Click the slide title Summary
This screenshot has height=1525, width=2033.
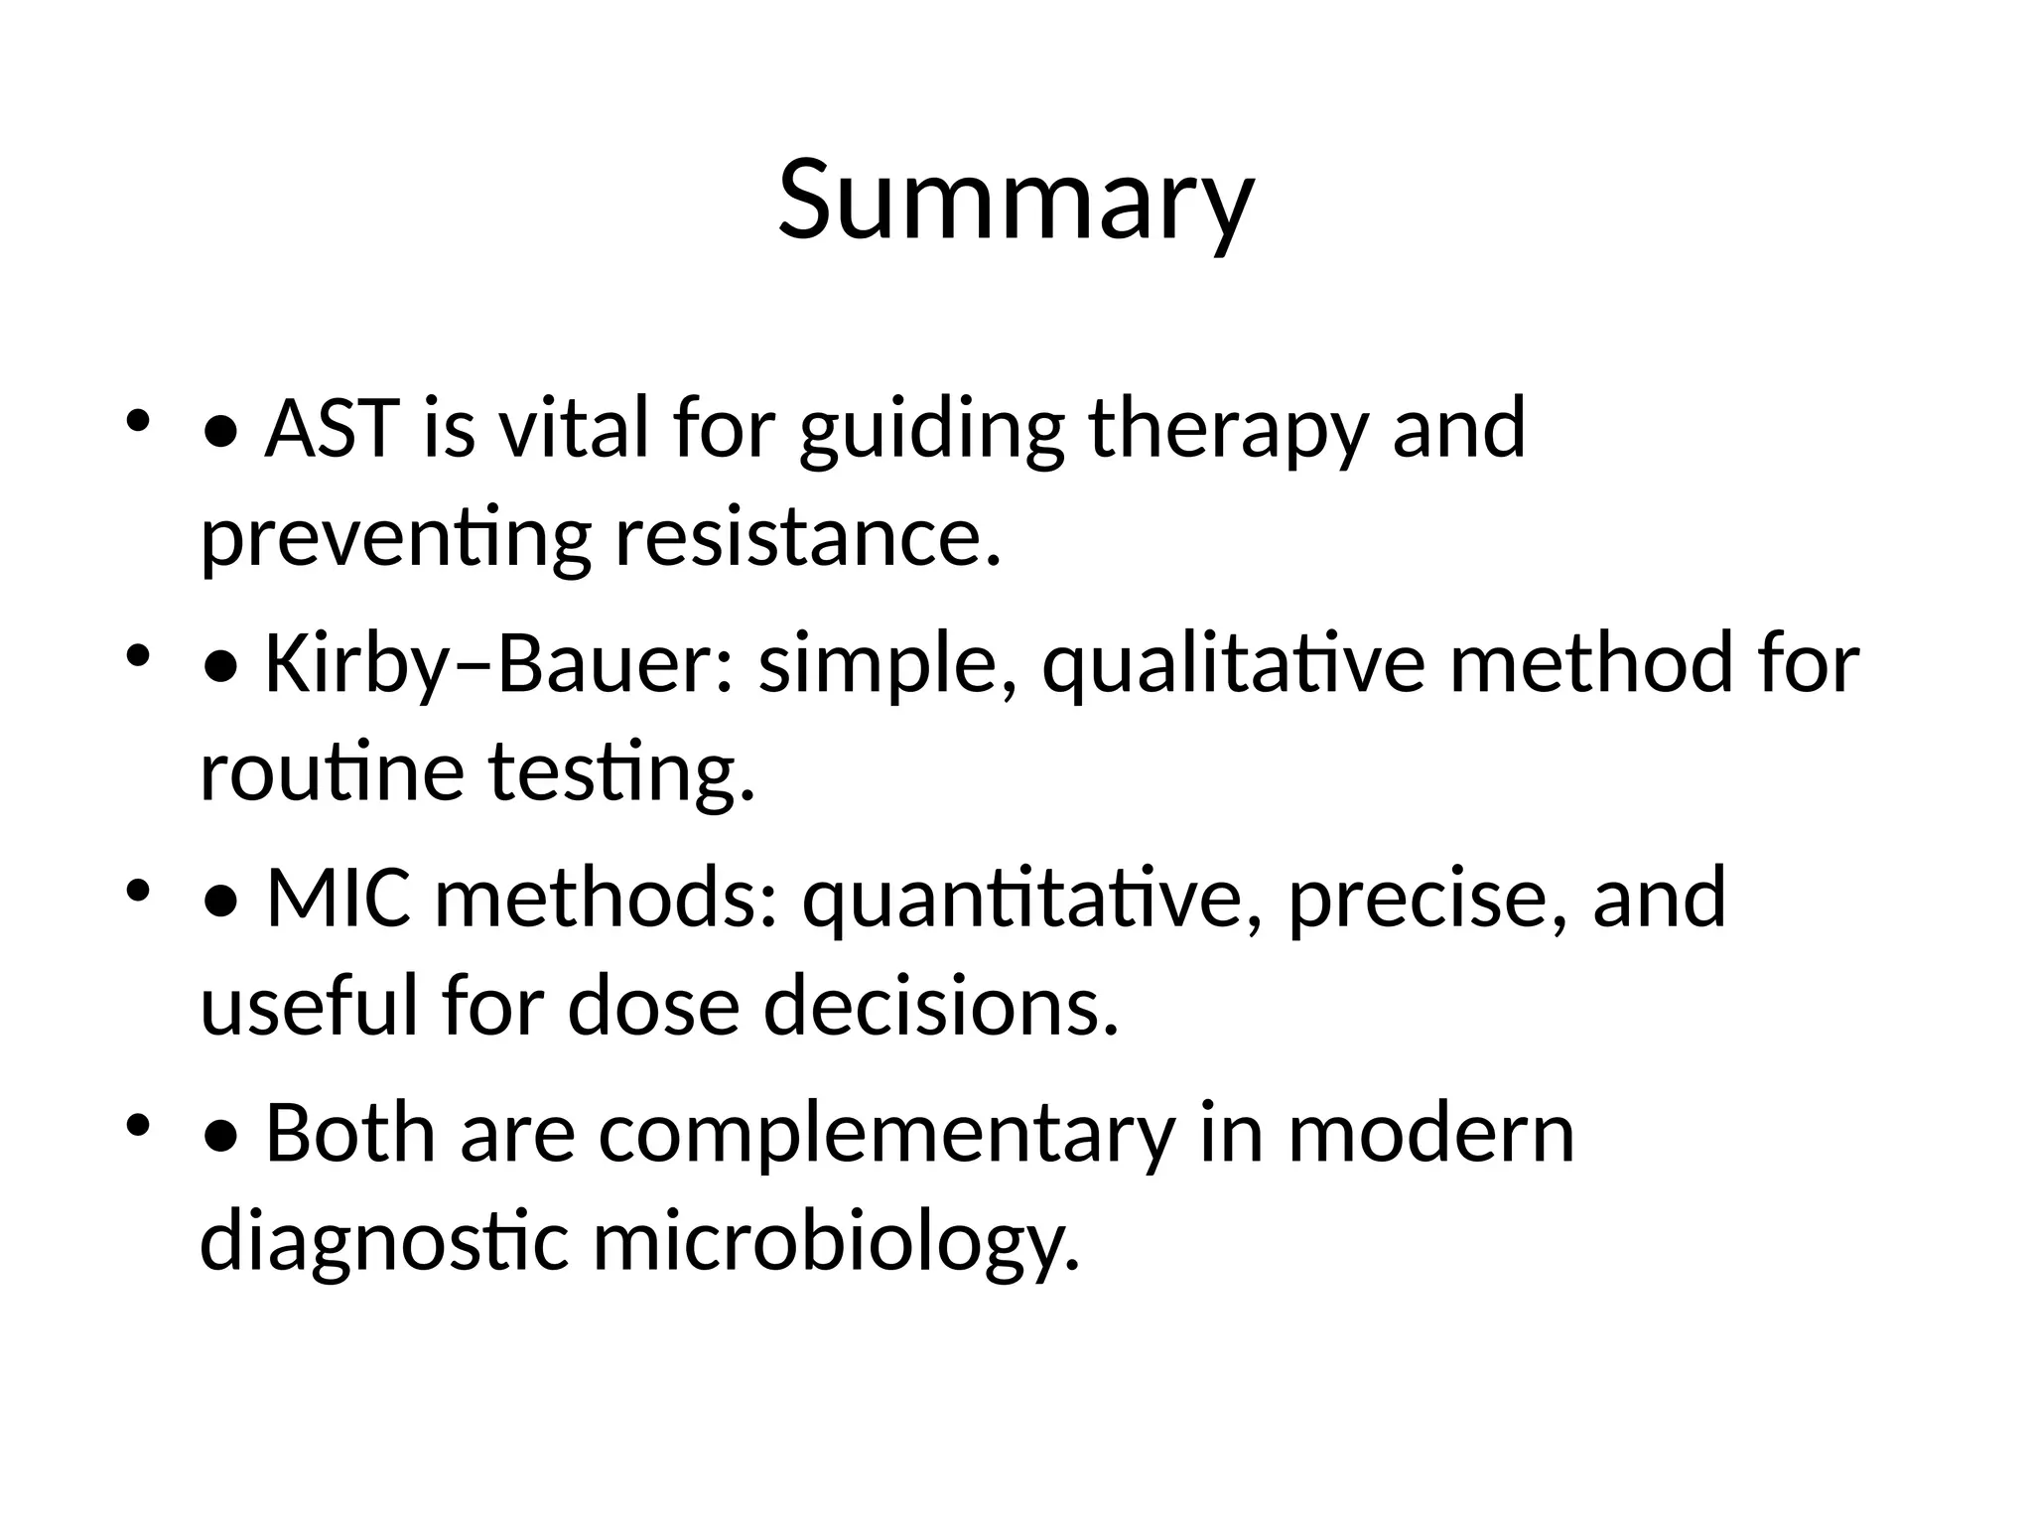pyautogui.click(x=1016, y=202)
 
